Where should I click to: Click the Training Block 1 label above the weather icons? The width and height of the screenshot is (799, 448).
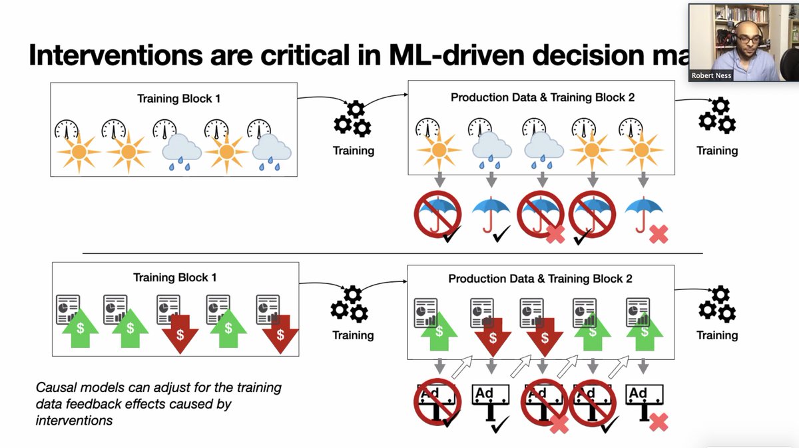178,99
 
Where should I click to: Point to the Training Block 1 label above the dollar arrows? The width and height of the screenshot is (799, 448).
175,277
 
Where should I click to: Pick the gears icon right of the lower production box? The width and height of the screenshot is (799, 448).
716,304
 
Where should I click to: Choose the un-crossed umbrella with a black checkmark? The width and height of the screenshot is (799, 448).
491,215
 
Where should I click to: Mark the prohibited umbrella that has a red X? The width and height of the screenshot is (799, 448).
541,215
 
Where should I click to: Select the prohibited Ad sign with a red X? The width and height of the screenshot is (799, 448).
541,404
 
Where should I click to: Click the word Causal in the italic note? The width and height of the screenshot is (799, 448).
55,387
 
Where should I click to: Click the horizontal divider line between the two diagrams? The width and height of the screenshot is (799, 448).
392,253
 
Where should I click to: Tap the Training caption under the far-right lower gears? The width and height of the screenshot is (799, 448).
716,335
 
